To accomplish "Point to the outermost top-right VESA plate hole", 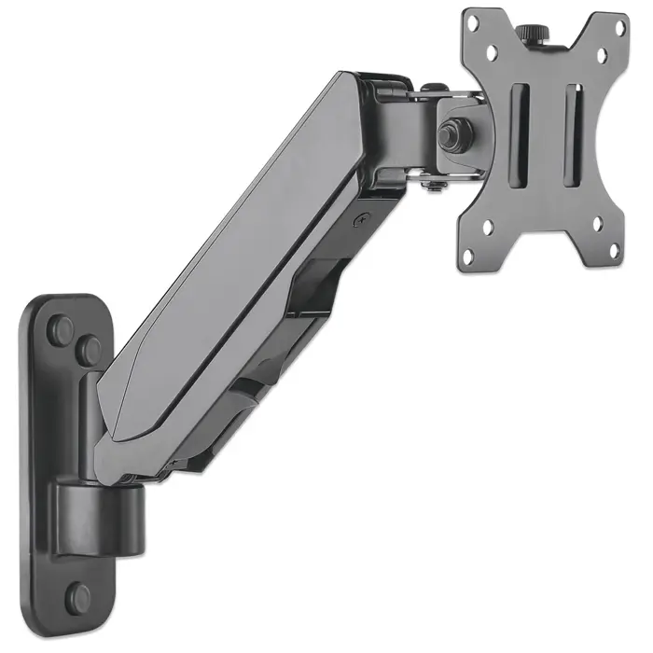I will [x=617, y=31].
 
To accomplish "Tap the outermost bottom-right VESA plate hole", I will [x=616, y=245].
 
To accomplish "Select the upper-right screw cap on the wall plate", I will [x=89, y=352].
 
